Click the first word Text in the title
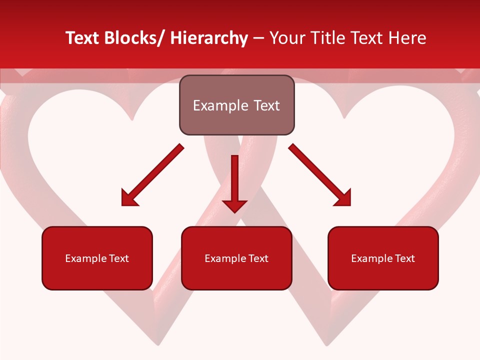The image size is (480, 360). [82, 38]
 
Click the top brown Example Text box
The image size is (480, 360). [236, 105]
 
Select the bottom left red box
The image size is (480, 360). [97, 258]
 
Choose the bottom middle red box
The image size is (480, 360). [236, 258]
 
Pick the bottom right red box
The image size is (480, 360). [383, 258]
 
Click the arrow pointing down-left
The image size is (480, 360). [152, 175]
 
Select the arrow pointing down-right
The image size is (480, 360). [320, 175]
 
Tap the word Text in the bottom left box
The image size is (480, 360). [118, 258]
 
